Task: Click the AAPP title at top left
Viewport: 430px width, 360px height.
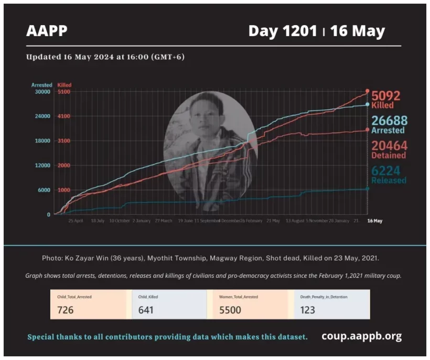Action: coord(47,31)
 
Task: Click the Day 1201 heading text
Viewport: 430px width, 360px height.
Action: coord(283,31)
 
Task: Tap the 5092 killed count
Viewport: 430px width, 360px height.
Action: coord(386,96)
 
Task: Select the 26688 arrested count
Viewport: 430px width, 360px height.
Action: coord(389,121)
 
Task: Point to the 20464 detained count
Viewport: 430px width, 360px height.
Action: coord(389,146)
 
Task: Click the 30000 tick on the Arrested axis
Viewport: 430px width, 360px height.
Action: coord(42,92)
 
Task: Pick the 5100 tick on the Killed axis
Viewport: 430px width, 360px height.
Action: coord(64,92)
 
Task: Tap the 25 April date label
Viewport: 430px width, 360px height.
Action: coord(76,221)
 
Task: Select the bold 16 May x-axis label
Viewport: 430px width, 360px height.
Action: coord(374,221)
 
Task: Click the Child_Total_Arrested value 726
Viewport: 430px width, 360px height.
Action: coord(66,310)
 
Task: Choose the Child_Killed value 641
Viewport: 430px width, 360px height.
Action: coord(146,310)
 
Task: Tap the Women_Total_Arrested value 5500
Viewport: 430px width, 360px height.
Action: coord(230,310)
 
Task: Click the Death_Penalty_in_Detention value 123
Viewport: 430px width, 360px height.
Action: coord(308,310)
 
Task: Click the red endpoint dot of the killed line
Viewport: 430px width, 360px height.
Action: coord(367,91)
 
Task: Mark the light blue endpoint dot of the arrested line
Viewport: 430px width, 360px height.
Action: coord(367,104)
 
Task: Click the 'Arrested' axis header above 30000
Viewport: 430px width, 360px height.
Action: coord(41,85)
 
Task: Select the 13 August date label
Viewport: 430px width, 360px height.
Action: coord(295,221)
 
